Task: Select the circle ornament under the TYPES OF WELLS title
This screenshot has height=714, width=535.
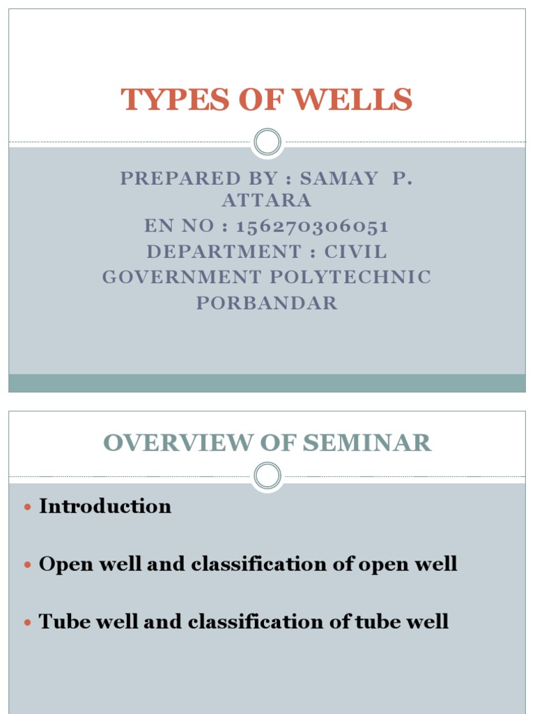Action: [267, 142]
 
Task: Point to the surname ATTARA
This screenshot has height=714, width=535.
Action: [267, 202]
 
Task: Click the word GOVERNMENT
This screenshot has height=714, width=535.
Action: [180, 278]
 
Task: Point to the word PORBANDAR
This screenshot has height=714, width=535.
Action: [267, 303]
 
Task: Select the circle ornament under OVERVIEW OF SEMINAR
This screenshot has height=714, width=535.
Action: [267, 477]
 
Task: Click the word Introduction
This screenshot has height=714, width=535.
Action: [105, 506]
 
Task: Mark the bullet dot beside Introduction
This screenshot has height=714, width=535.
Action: [28, 507]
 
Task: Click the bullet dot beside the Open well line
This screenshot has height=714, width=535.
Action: [28, 565]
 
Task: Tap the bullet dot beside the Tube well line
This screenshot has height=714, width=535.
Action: [28, 622]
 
